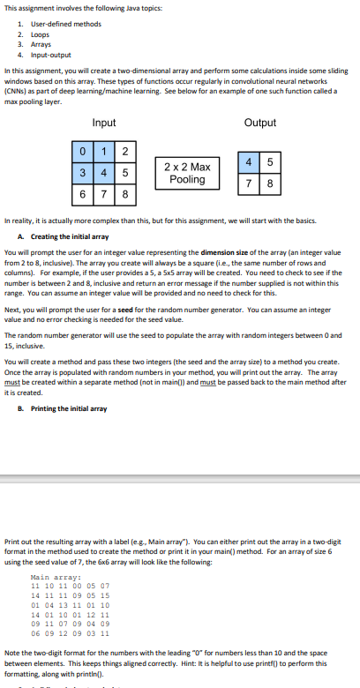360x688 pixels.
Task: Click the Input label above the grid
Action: click(104, 123)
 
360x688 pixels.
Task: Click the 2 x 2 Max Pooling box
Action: click(188, 173)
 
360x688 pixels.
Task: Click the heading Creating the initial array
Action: click(70, 236)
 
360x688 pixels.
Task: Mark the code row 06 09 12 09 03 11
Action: click(71, 633)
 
